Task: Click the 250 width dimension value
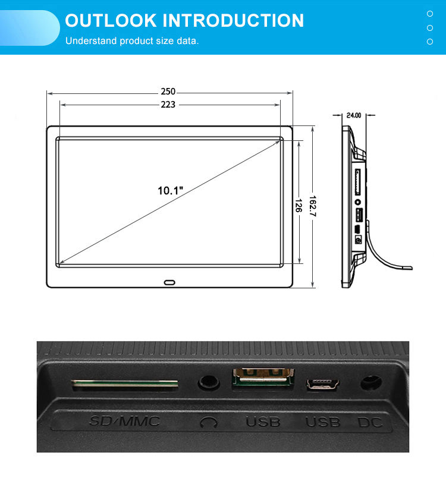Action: pyautogui.click(x=168, y=92)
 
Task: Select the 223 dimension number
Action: pyautogui.click(x=168, y=105)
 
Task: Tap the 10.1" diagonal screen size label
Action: pyautogui.click(x=170, y=191)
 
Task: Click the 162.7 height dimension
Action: pyautogui.click(x=313, y=207)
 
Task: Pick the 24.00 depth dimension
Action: pyautogui.click(x=354, y=115)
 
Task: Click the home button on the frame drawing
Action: pyautogui.click(x=170, y=282)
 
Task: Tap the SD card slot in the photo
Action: pyautogui.click(x=125, y=385)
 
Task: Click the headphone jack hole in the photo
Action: pyautogui.click(x=208, y=382)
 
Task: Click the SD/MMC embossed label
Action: pyautogui.click(x=124, y=422)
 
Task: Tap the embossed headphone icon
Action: pyautogui.click(x=208, y=423)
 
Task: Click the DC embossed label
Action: pyautogui.click(x=370, y=423)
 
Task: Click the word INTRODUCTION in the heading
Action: pyautogui.click(x=233, y=21)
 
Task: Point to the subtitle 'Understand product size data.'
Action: pyautogui.click(x=132, y=41)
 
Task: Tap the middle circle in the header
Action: pyautogui.click(x=430, y=27)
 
